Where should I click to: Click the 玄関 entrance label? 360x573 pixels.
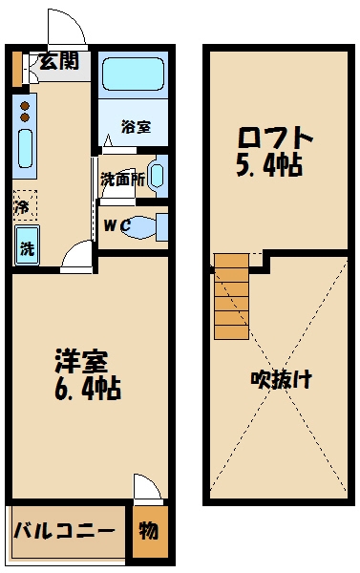59,64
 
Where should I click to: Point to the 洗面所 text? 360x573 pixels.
122,179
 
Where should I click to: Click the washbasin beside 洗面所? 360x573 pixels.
158,176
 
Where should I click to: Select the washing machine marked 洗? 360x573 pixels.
26,246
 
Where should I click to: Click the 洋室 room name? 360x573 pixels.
78,364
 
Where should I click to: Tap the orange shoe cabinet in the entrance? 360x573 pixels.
17,66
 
